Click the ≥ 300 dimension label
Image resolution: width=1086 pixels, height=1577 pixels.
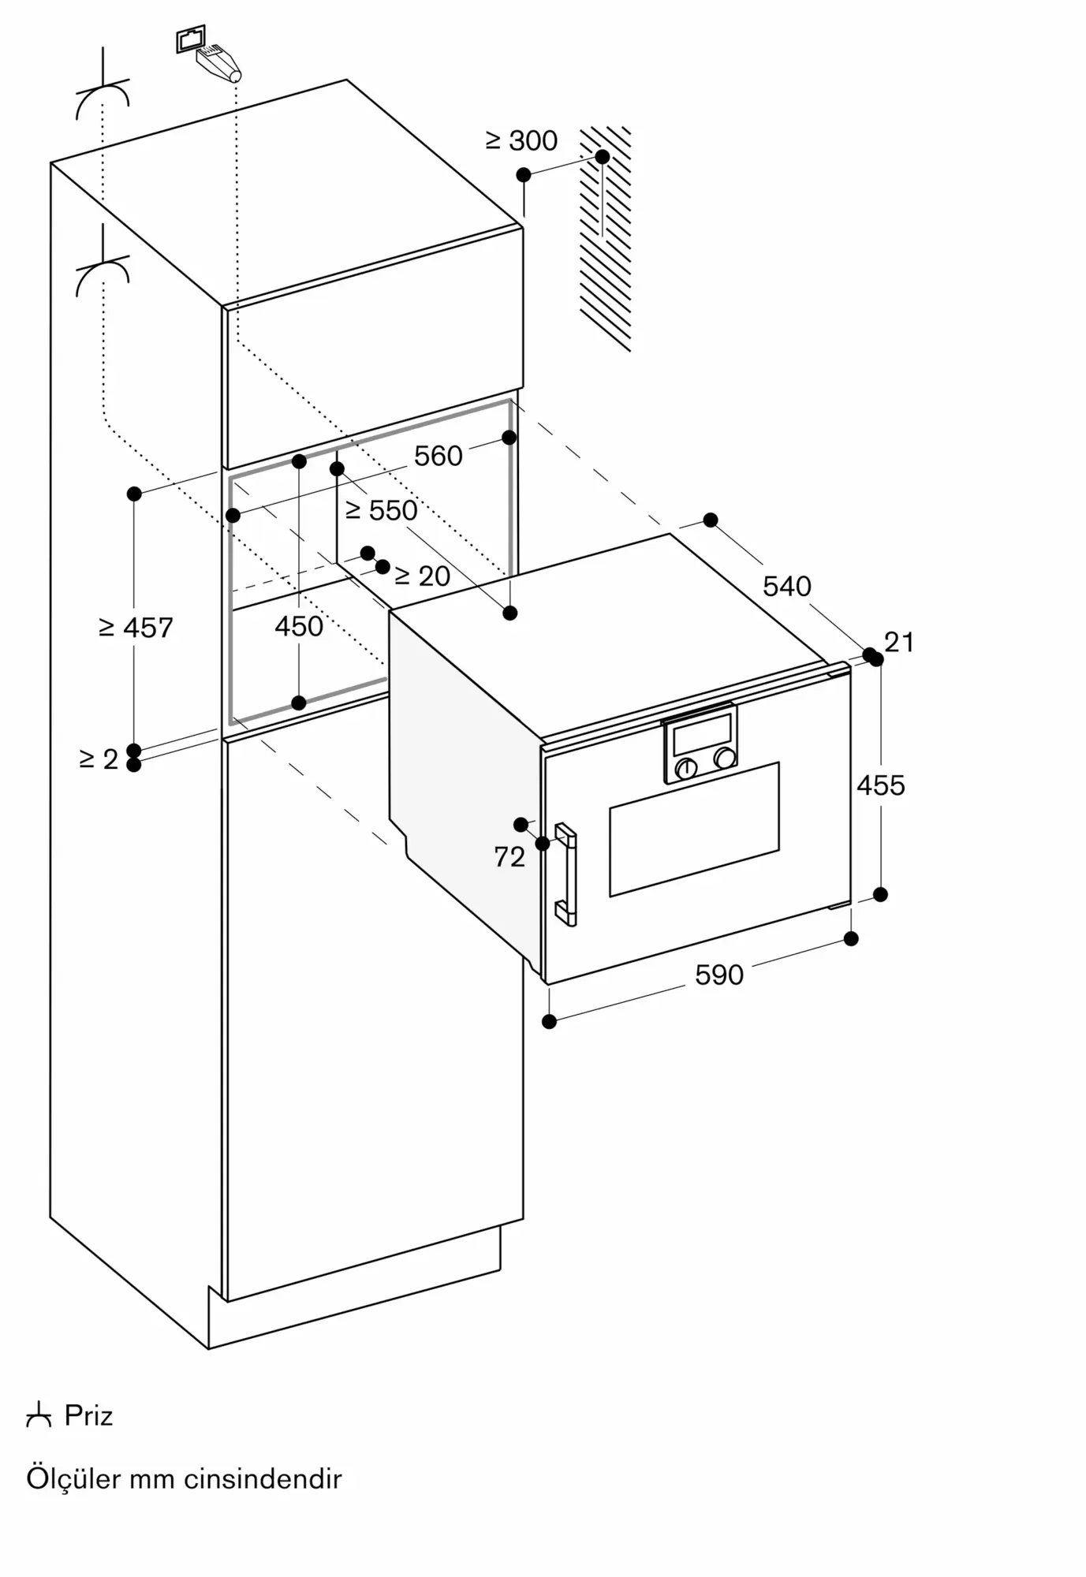click(x=521, y=140)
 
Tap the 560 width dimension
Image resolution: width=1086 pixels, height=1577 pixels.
click(x=439, y=456)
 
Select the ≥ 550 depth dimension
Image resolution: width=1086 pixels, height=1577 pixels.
click(x=382, y=510)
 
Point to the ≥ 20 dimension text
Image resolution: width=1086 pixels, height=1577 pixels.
click(x=422, y=576)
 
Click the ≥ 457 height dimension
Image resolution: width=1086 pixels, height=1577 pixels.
click(x=136, y=628)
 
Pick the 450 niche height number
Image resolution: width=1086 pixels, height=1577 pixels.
click(x=299, y=626)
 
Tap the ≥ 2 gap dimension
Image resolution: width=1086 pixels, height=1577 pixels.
click(x=99, y=759)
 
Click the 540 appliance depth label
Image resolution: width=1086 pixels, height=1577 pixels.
click(x=787, y=586)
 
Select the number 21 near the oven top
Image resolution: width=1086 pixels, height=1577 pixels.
click(x=899, y=643)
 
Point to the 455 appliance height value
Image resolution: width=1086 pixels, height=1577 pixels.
click(x=881, y=785)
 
